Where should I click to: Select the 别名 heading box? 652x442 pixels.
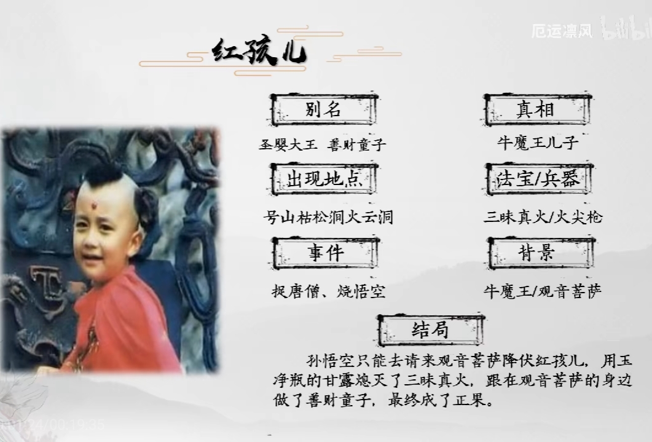point(323,111)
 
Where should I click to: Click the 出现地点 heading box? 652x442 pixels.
point(324,180)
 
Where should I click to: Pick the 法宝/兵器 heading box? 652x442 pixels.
point(538,180)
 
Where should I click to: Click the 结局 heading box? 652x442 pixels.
point(430,330)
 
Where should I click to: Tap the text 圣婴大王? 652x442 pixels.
point(288,145)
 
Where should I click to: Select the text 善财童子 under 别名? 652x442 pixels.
point(358,145)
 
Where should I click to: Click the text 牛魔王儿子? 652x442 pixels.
point(538,143)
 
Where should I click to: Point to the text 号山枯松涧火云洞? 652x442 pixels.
point(328,217)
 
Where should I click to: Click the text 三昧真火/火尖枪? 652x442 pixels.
point(543,217)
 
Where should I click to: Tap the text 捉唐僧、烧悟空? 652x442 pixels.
point(328,291)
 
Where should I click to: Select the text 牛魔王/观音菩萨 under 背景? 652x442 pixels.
point(543,290)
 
